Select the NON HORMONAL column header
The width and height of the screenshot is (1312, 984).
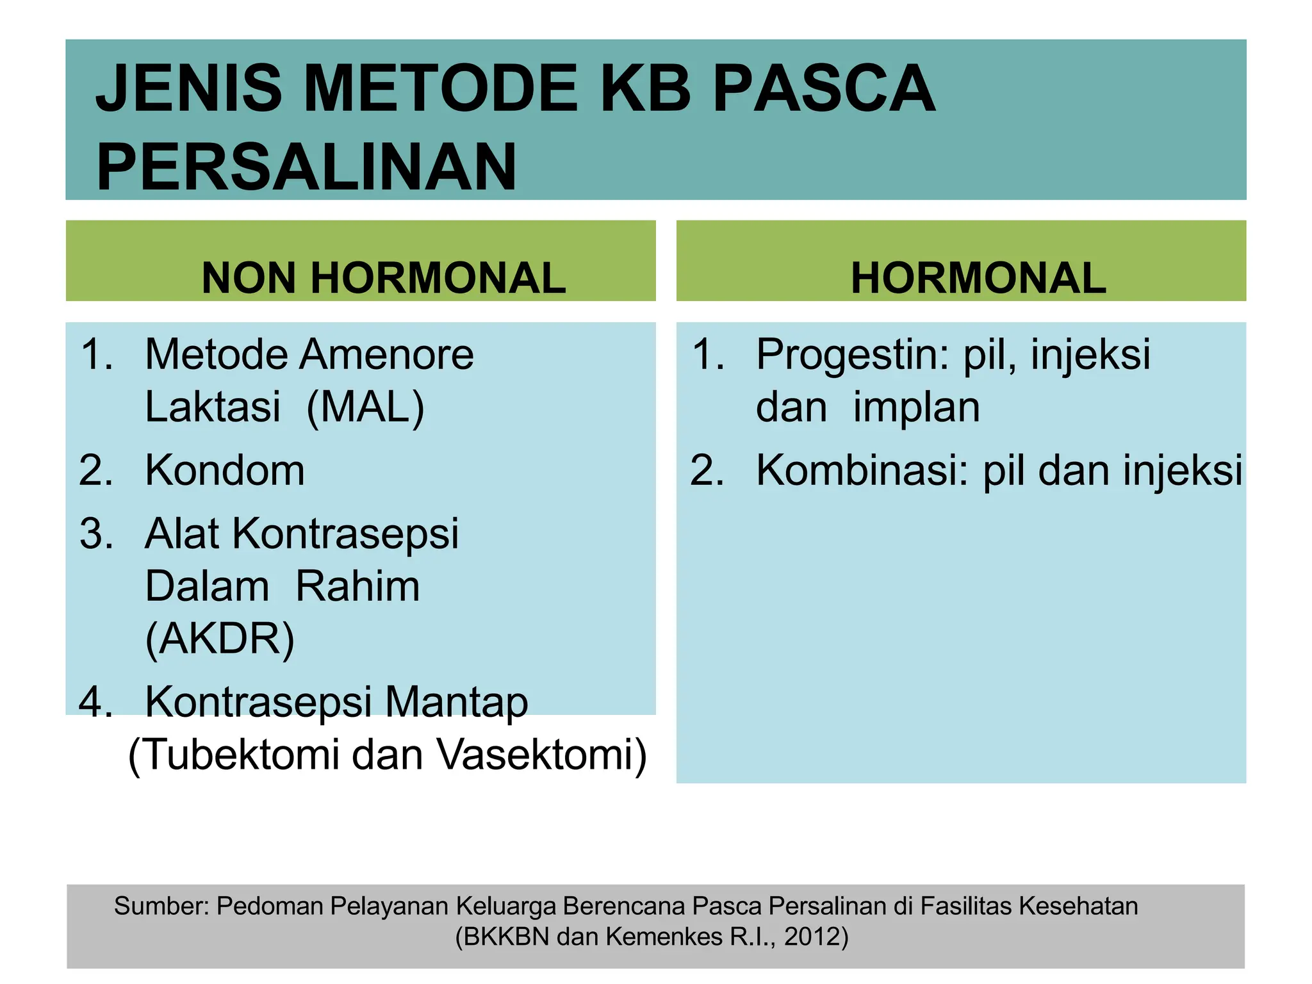coord(383,278)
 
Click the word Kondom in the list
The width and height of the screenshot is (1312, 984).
coord(225,470)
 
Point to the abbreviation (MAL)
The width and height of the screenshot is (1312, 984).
coord(365,407)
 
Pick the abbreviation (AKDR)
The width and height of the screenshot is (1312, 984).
coord(220,639)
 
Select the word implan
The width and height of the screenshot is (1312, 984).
coord(916,407)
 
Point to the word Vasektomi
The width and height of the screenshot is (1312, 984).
coord(542,755)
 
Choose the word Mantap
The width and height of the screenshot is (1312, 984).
coord(456,702)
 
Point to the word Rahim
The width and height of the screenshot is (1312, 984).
coord(357,587)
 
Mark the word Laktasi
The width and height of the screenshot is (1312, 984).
coord(213,407)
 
